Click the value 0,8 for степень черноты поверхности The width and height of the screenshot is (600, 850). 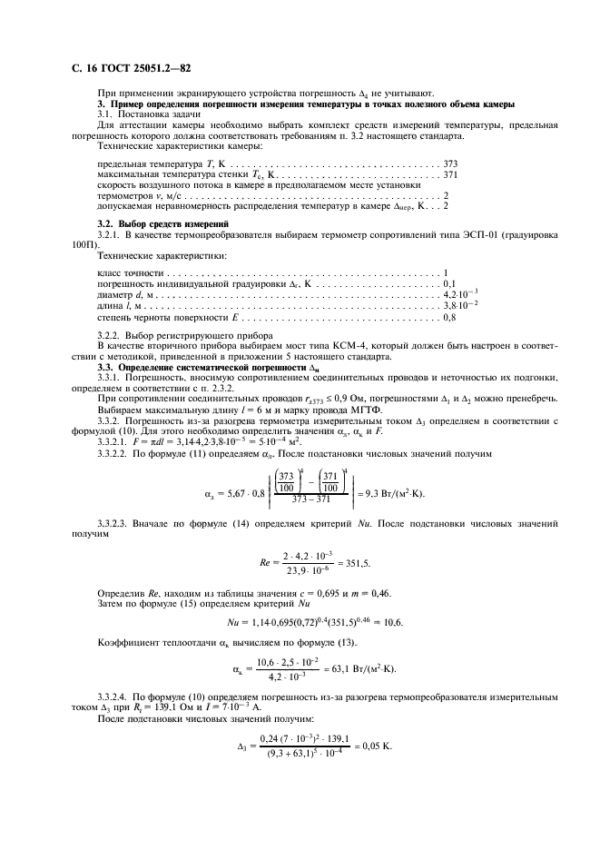(x=448, y=317)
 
